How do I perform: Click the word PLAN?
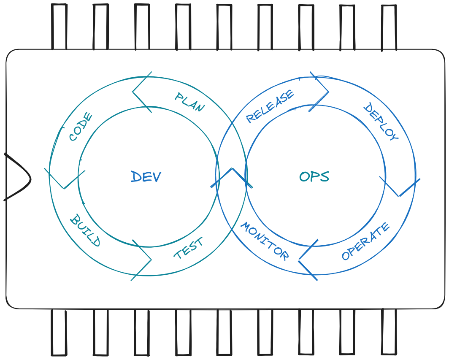(x=190, y=102)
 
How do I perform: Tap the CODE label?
(x=81, y=127)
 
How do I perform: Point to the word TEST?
(x=189, y=248)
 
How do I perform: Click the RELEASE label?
(x=270, y=106)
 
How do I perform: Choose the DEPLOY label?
(x=380, y=122)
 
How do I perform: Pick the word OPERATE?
(x=366, y=242)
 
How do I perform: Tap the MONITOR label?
(x=265, y=241)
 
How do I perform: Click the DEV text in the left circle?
(x=146, y=177)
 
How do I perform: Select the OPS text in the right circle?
(x=314, y=176)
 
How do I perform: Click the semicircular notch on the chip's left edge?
(x=17, y=177)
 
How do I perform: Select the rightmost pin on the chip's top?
(x=389, y=27)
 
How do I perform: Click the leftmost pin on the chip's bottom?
(x=59, y=332)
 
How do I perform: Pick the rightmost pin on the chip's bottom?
(x=389, y=331)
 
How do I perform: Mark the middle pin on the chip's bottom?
(x=224, y=332)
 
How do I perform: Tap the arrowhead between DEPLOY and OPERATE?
(x=399, y=187)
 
